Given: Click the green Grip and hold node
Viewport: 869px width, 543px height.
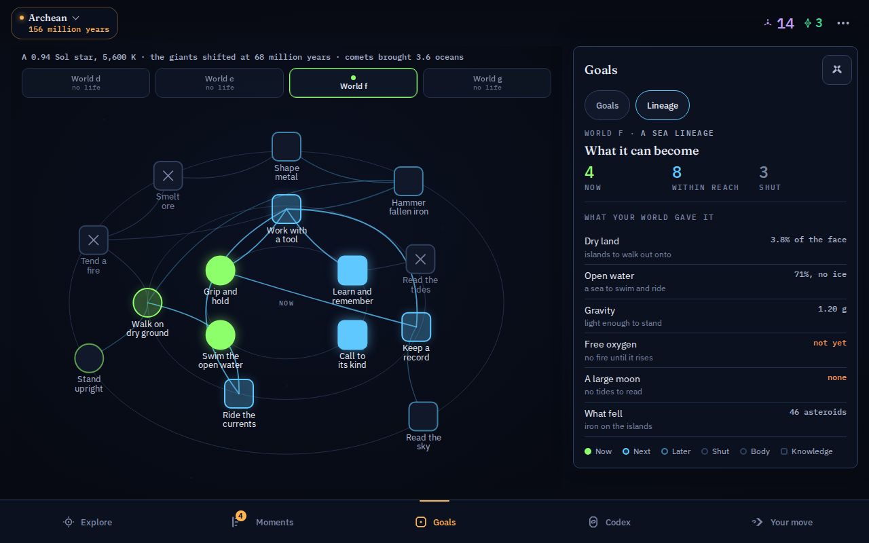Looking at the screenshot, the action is [221, 270].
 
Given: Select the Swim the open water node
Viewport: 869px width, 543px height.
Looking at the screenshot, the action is [221, 335].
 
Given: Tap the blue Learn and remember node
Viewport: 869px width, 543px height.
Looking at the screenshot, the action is [352, 270].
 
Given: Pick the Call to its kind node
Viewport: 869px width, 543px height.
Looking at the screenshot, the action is [352, 335].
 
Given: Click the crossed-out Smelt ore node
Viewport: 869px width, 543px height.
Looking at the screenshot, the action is [168, 176].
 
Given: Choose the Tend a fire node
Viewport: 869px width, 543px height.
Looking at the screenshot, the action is [94, 240].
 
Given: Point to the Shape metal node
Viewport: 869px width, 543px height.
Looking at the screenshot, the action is [286, 147].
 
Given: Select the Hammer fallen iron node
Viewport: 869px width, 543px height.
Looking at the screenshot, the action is [409, 181].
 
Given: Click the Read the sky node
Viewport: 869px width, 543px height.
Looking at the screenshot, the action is [423, 416].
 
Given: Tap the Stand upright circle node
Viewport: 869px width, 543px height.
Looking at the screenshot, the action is [89, 358].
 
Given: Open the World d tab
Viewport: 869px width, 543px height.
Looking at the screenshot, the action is [86, 83].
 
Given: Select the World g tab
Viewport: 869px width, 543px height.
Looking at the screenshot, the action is [487, 83].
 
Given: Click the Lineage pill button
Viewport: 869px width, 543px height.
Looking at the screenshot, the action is [662, 105].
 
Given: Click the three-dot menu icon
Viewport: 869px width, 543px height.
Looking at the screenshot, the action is [843, 23].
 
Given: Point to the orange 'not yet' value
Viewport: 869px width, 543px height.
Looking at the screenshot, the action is [830, 343].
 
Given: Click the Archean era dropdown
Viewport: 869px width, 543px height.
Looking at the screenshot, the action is [64, 23].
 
